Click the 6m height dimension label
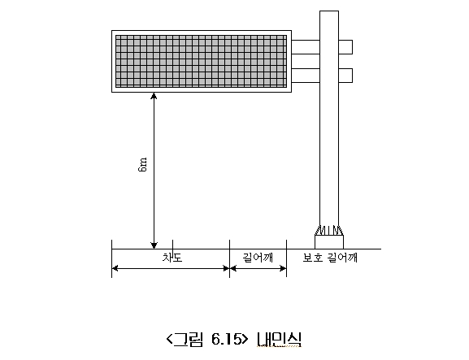coord(143,164)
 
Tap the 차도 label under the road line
coord(172,258)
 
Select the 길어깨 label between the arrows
coord(258,258)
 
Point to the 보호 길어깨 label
coord(330,258)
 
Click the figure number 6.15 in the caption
coord(227,339)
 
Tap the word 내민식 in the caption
coord(279,339)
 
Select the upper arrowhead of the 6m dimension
coord(154,96)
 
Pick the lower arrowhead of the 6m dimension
coord(154,245)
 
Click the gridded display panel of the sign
coord(202,61)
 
